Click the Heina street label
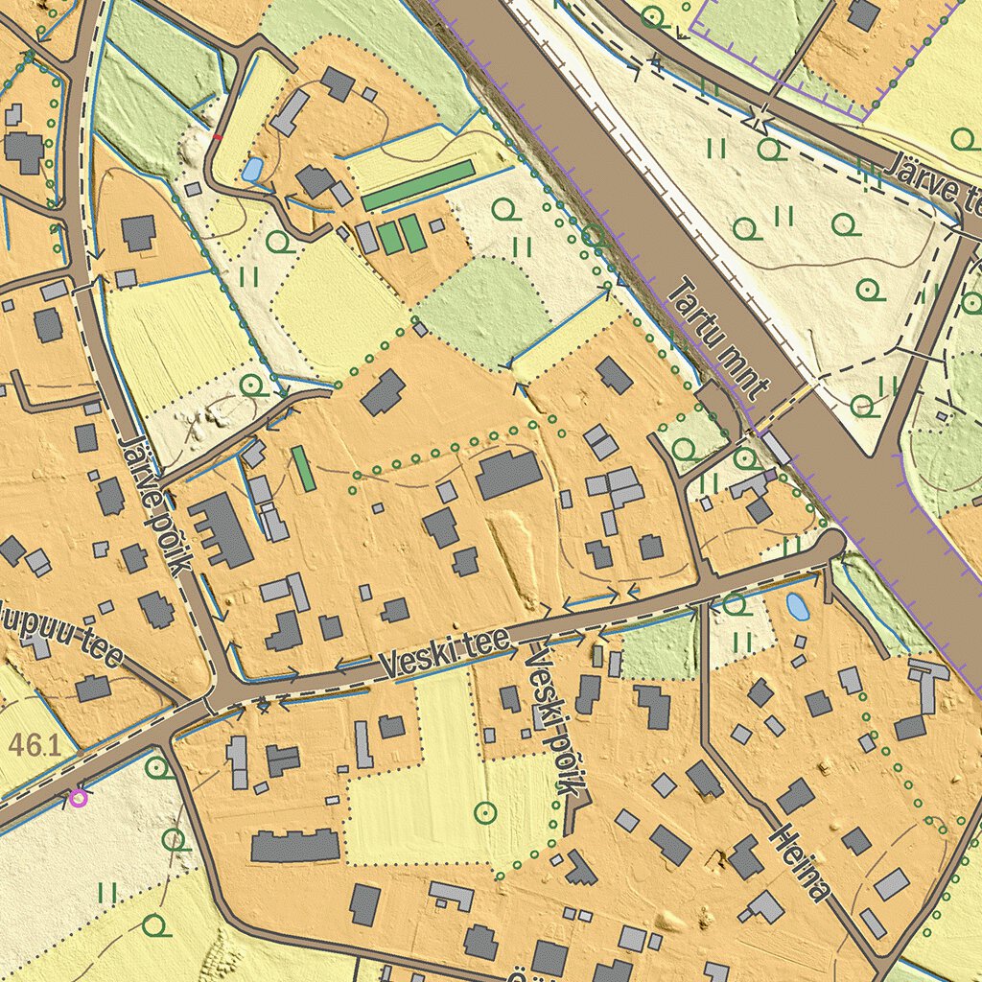pos(798,863)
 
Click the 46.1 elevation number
pos(31,745)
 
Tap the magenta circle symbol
pos(78,796)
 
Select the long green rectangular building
pos(418,184)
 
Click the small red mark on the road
pos(218,138)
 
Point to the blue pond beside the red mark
pos(251,170)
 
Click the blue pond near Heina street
pos(796,606)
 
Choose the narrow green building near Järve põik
pos(303,469)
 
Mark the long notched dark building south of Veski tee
pos(295,846)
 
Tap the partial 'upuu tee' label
pos(62,634)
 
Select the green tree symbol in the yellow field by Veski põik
pos(486,813)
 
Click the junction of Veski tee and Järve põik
pos(228,687)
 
